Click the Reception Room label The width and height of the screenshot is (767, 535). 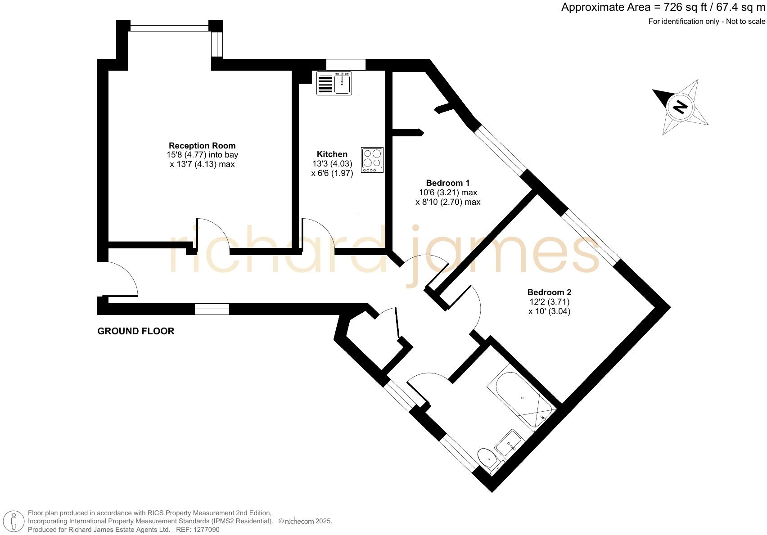(202, 146)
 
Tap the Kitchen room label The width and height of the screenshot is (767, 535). (332, 154)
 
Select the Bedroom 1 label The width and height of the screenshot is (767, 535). (447, 183)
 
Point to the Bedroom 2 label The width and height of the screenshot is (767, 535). (549, 292)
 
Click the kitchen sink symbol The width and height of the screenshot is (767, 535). (334, 84)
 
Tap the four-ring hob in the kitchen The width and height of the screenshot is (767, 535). (372, 160)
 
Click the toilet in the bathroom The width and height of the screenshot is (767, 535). (487, 458)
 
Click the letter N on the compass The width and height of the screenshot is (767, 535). (680, 107)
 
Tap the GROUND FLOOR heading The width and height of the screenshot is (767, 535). (136, 332)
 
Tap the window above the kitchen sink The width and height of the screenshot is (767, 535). (346, 65)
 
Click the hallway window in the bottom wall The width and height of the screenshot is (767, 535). (212, 309)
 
